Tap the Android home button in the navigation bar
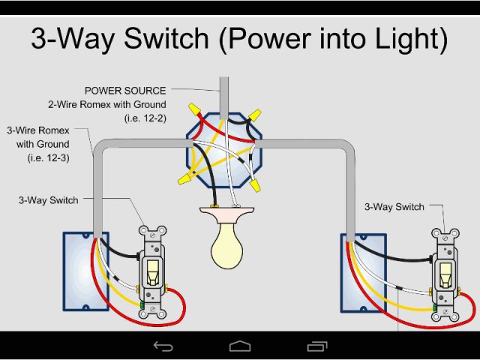tap(240, 346)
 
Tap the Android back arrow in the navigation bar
tap(163, 346)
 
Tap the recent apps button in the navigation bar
tap(318, 346)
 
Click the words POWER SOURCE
tap(126, 91)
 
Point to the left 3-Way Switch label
tap(49, 200)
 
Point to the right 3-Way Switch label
tap(394, 206)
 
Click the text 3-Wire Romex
tap(38, 130)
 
